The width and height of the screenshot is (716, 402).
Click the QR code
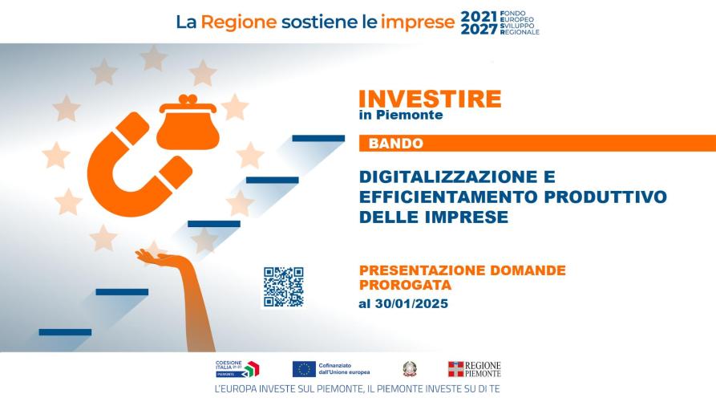283,286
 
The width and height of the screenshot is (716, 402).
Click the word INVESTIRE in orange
430,99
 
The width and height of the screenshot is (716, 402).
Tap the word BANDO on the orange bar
395,144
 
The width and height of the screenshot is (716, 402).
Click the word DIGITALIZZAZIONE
457,176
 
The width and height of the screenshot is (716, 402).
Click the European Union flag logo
303,369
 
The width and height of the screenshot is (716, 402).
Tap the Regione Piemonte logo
474,369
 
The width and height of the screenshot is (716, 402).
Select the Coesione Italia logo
237,368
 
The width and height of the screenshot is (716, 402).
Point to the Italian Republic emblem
410,369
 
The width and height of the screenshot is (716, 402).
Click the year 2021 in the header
479,16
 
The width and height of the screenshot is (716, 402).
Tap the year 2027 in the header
479,30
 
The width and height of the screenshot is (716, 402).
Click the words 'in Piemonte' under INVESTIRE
400,115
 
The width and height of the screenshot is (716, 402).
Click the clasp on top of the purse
188,99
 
